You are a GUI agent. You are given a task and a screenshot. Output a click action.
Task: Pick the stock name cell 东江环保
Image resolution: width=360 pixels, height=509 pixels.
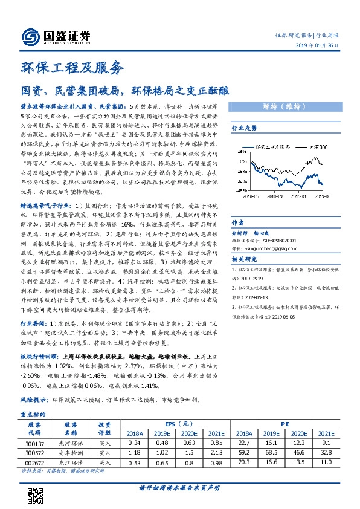(x=71, y=462)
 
